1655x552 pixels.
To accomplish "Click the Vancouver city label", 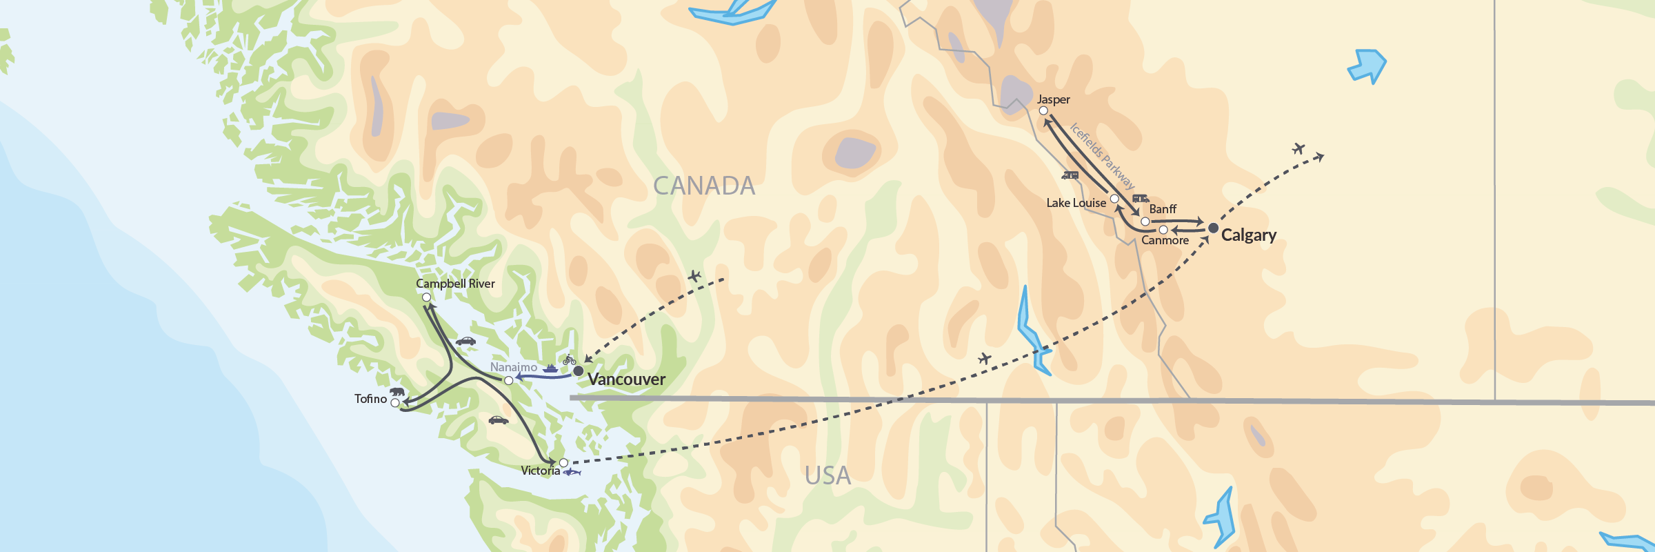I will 626,379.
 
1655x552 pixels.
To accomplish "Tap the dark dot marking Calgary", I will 1213,228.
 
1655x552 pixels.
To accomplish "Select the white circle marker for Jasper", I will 1043,111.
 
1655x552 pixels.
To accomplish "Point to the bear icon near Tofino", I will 397,391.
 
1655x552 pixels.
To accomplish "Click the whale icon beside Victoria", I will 572,472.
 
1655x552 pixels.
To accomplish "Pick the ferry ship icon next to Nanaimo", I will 550,368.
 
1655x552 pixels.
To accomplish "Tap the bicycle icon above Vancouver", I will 569,360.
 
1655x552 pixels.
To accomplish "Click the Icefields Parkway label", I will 1102,156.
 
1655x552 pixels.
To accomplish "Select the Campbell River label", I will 455,284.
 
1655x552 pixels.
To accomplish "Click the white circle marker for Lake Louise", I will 1114,199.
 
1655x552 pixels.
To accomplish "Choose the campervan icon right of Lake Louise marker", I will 1141,198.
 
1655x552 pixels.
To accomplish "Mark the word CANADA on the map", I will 703,186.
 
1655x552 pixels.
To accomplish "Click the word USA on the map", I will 827,475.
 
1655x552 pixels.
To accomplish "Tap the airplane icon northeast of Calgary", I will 1298,148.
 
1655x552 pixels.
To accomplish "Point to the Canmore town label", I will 1165,240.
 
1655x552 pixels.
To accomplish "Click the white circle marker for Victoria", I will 563,463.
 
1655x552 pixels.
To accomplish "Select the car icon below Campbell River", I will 465,341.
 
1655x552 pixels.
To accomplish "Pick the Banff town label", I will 1163,209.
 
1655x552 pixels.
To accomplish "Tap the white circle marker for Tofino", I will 395,403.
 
